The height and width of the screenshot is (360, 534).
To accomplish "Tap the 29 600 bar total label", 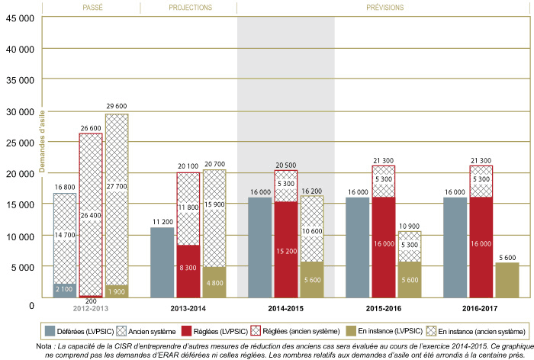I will [117, 107].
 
